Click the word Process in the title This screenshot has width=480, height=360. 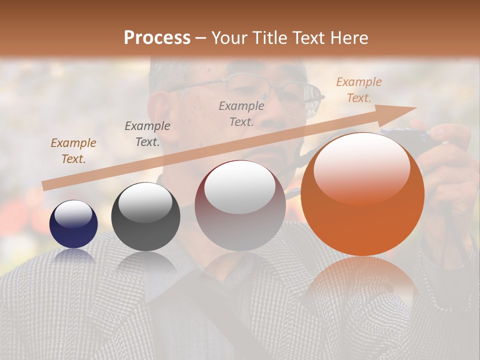tap(157, 38)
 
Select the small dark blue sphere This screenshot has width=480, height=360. tap(73, 224)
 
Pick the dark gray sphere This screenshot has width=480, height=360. tap(145, 216)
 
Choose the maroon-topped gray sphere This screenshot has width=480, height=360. tap(240, 205)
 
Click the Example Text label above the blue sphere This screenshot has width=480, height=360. tap(73, 151)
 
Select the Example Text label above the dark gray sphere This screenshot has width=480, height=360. tap(147, 134)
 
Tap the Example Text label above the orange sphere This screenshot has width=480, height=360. tap(359, 90)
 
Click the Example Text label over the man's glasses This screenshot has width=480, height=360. tap(241, 114)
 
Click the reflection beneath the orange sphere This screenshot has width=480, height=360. tap(362, 280)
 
